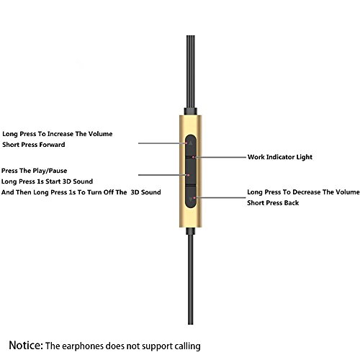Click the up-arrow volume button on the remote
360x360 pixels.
click(191, 145)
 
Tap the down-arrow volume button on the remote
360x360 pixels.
click(191, 197)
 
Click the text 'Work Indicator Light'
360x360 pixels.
click(280, 157)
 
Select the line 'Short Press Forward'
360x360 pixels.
click(34, 145)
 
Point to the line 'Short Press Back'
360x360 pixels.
click(273, 203)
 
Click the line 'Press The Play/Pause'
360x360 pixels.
click(34, 171)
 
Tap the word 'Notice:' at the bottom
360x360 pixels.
click(26, 345)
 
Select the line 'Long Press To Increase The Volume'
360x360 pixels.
click(58, 134)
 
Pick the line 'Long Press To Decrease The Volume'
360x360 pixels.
click(303, 192)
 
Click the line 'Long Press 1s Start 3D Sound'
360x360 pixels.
click(47, 181)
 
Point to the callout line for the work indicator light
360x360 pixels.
click(220, 157)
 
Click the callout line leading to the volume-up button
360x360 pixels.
click(162, 143)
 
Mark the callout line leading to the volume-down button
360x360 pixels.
click(221, 197)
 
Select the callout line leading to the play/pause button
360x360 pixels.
click(163, 175)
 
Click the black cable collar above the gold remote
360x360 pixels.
click(191, 112)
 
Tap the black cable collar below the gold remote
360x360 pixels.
click(191, 231)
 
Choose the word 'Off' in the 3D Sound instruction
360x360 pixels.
click(109, 192)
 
